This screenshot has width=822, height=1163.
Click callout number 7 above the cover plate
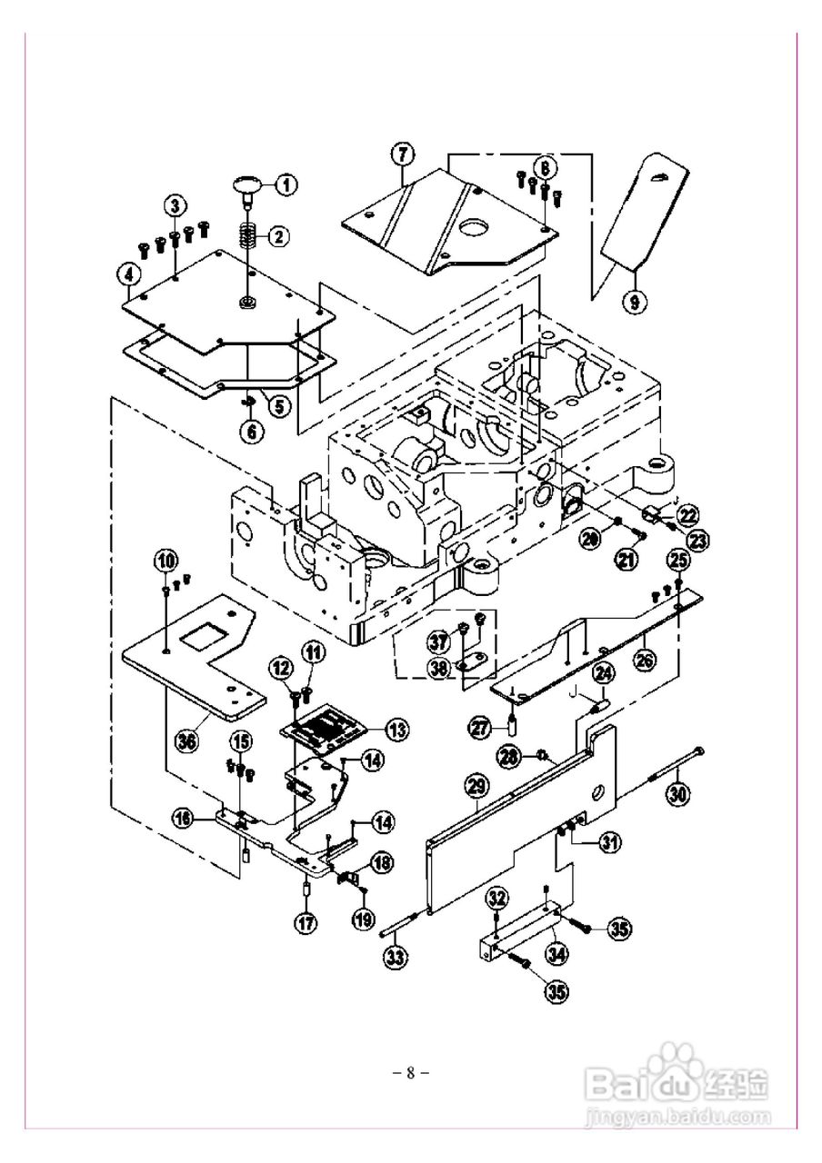(403, 154)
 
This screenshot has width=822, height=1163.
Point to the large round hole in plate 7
(474, 227)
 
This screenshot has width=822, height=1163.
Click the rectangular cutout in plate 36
(205, 639)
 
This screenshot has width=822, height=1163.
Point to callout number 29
(477, 785)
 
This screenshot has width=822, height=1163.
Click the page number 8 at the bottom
(410, 1072)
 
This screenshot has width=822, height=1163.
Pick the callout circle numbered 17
(305, 922)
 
